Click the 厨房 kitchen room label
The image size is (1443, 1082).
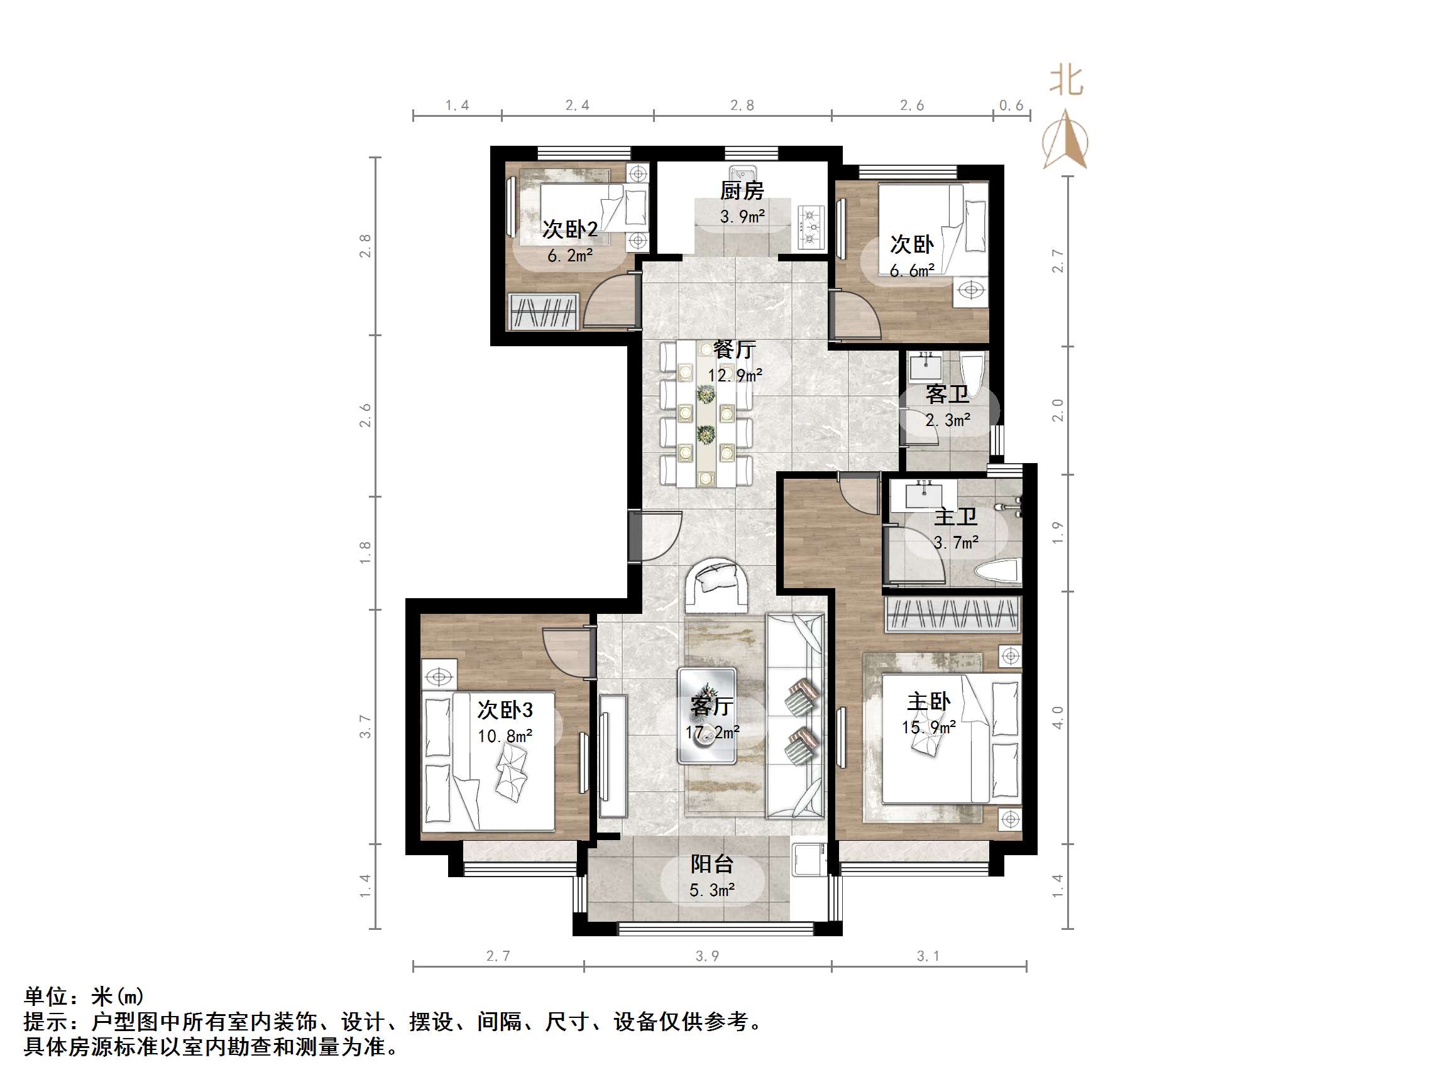point(742,190)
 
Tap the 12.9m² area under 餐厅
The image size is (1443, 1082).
point(735,376)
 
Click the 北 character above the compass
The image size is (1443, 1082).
point(1066,82)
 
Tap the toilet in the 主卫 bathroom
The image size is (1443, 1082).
point(997,572)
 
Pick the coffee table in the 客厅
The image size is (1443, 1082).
point(707,715)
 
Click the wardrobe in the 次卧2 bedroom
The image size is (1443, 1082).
point(544,311)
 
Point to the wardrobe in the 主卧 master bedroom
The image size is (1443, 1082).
point(952,615)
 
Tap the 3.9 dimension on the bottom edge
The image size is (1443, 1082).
point(707,956)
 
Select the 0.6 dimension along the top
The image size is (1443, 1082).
point(1011,106)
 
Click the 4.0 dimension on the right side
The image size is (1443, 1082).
point(1058,718)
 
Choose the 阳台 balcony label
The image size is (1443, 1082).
point(711,864)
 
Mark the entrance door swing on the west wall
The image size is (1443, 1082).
point(657,537)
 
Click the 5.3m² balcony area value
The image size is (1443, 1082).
point(711,890)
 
